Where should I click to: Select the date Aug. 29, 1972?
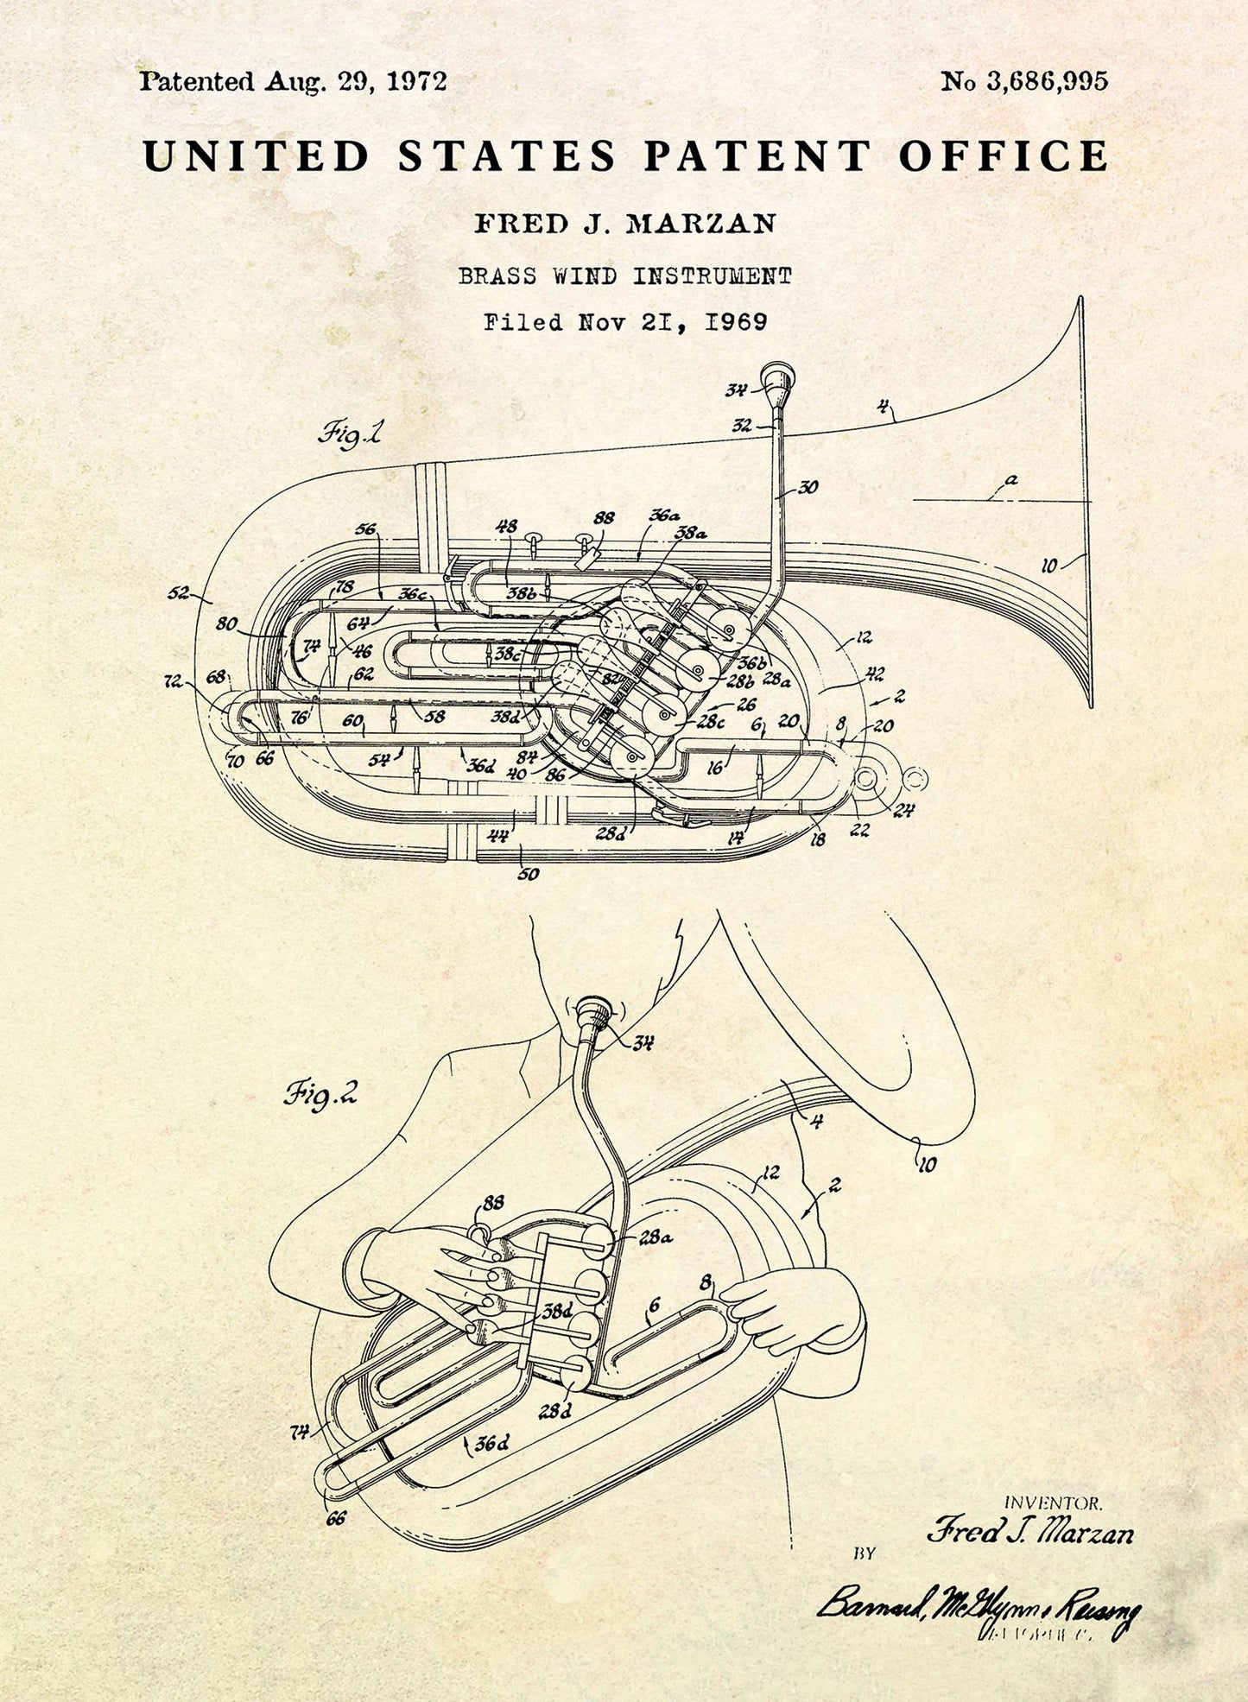click(x=356, y=82)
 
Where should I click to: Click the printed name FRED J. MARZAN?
click(x=624, y=224)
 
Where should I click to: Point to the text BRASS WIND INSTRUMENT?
click(x=624, y=276)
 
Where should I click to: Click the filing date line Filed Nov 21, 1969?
click(x=624, y=323)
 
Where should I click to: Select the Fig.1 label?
click(x=350, y=433)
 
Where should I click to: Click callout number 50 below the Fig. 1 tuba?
click(x=528, y=874)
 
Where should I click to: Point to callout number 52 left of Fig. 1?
click(x=179, y=593)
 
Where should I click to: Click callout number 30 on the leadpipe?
click(x=808, y=488)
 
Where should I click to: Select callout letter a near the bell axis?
click(x=1011, y=479)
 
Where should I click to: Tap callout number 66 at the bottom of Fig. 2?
click(x=336, y=1516)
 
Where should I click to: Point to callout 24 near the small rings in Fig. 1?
click(x=903, y=811)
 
